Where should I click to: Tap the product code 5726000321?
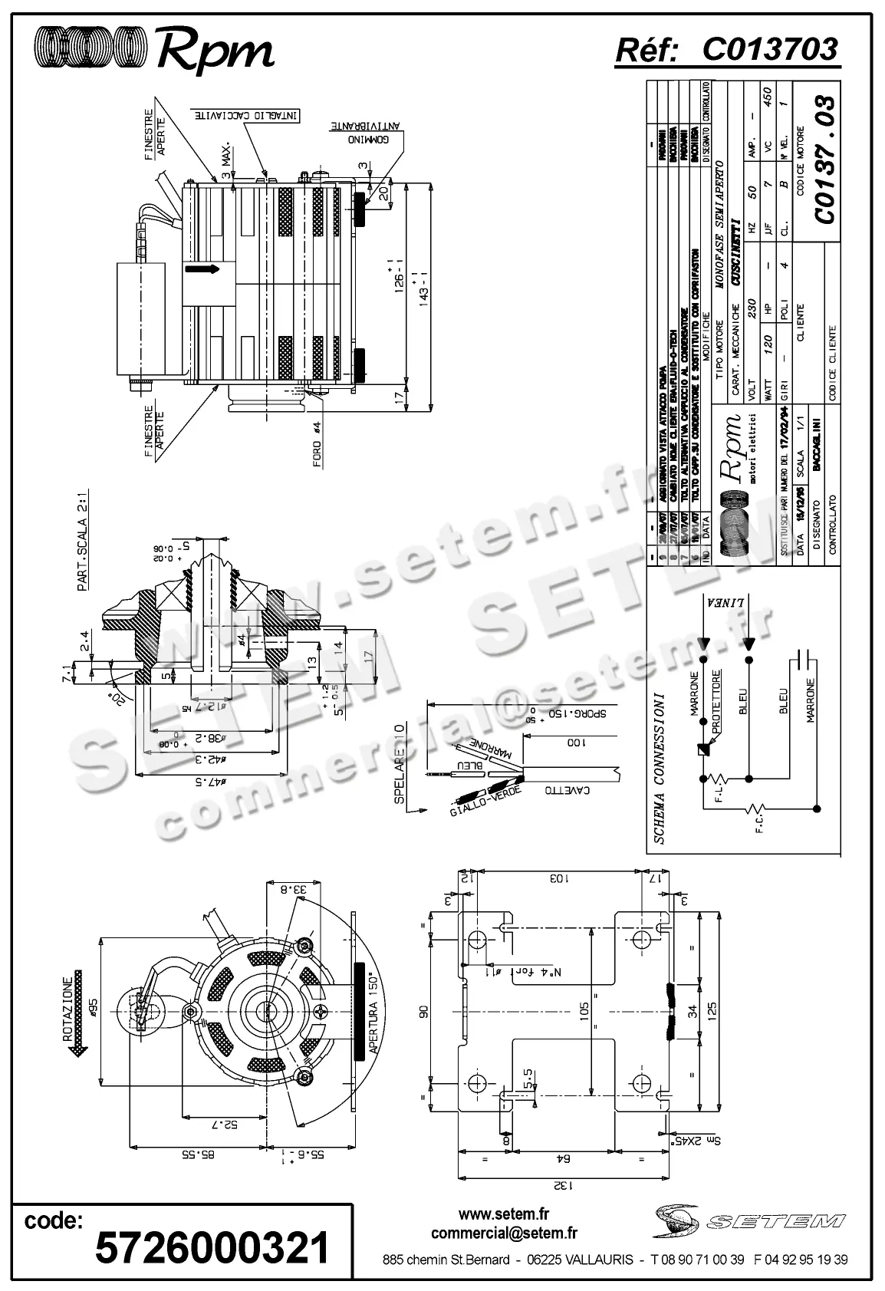212,1248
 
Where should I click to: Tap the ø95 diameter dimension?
93,1006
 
